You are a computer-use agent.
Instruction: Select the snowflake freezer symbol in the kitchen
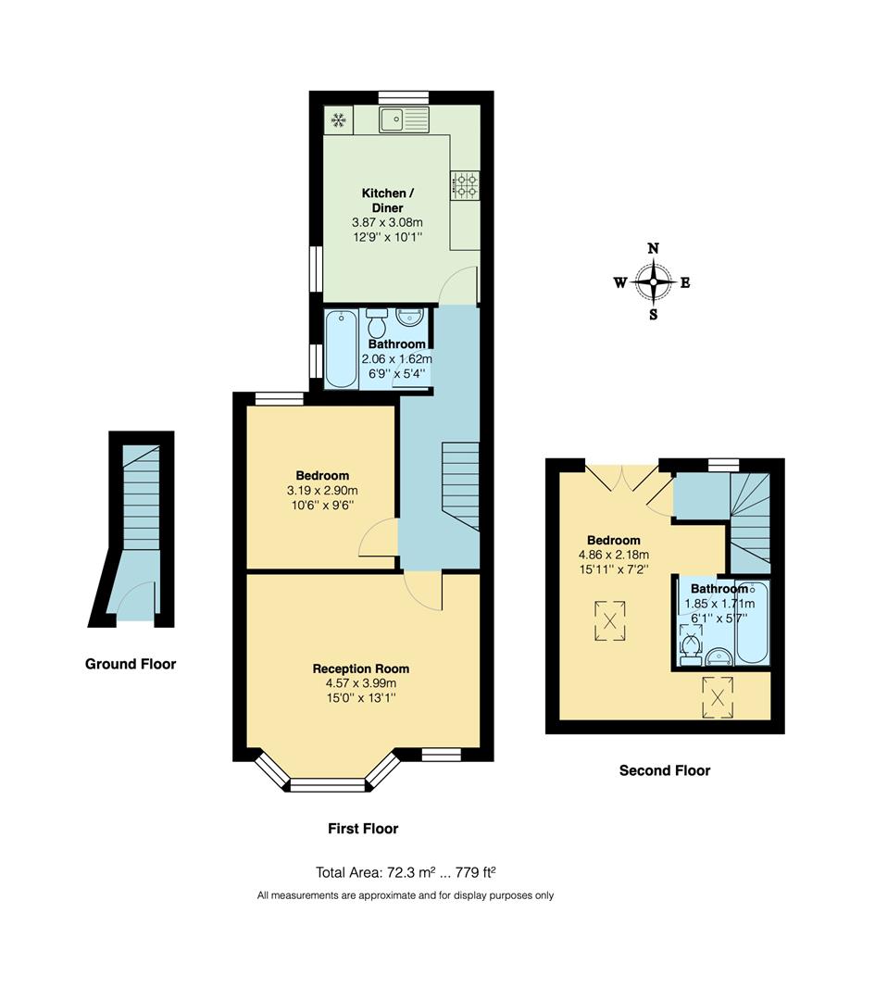pyautogui.click(x=339, y=119)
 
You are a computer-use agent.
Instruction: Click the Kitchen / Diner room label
pyautogui.click(x=382, y=200)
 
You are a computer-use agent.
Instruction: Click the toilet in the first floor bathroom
pyautogui.click(x=377, y=324)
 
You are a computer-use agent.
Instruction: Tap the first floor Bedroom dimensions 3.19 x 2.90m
pyautogui.click(x=322, y=491)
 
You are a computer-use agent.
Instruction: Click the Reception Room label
pyautogui.click(x=360, y=669)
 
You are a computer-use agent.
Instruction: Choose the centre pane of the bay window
pyautogui.click(x=330, y=787)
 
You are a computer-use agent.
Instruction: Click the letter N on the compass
pyautogui.click(x=653, y=248)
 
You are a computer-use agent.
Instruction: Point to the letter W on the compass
pyautogui.click(x=619, y=283)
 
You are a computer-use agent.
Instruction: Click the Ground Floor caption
pyautogui.click(x=131, y=664)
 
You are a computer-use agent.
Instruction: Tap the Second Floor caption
pyautogui.click(x=664, y=770)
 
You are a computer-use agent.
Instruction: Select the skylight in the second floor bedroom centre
pyautogui.click(x=608, y=619)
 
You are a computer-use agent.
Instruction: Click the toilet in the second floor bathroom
pyautogui.click(x=690, y=643)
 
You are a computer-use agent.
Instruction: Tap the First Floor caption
pyautogui.click(x=363, y=829)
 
